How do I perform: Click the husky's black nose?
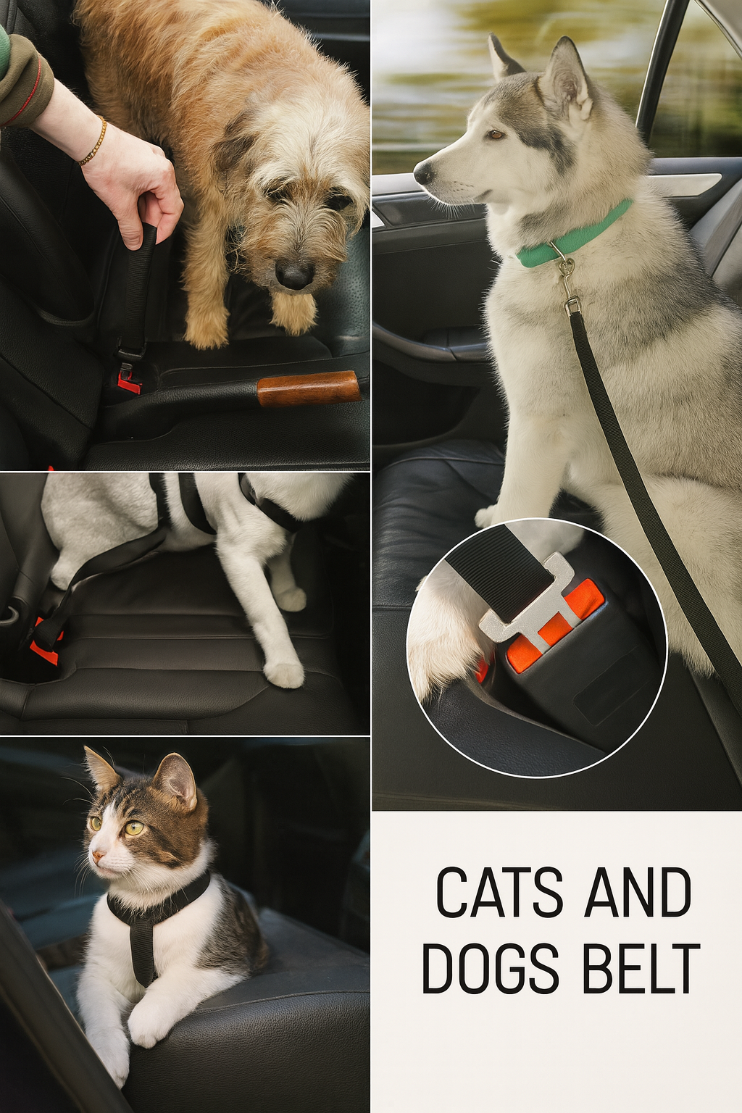pyautogui.click(x=423, y=172)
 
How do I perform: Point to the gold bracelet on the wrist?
pyautogui.click(x=94, y=141)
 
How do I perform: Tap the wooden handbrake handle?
pyautogui.click(x=309, y=388)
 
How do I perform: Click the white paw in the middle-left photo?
pyautogui.click(x=283, y=673)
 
